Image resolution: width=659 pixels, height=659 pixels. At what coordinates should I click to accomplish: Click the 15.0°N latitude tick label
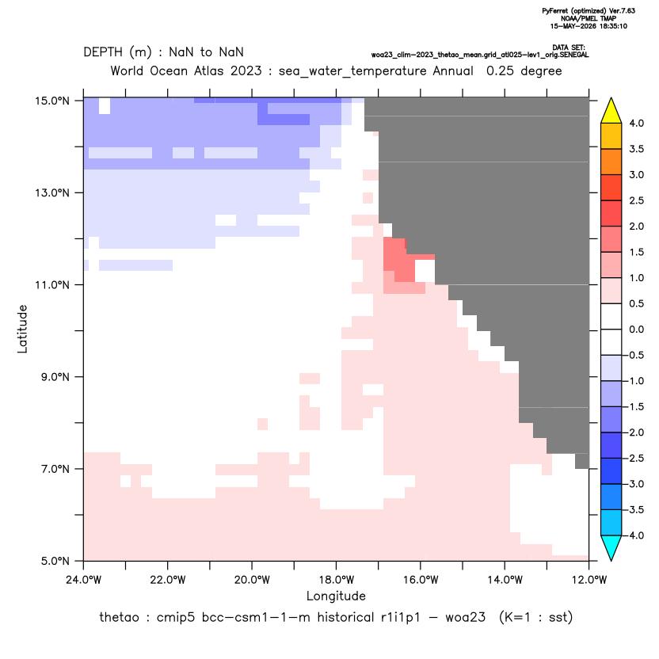click(x=52, y=101)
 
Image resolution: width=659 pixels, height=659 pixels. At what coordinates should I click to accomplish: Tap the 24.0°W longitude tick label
click(x=84, y=580)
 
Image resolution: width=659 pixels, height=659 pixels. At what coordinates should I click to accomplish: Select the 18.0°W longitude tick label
click(x=336, y=580)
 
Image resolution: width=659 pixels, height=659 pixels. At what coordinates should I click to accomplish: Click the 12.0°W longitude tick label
click(x=589, y=580)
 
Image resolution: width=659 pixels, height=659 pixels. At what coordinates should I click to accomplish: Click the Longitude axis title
click(x=336, y=596)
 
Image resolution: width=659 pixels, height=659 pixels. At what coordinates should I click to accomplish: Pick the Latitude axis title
click(x=22, y=329)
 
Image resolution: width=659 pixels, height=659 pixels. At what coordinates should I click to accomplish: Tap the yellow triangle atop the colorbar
click(x=611, y=111)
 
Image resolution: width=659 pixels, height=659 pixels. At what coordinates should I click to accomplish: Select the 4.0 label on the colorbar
click(x=637, y=123)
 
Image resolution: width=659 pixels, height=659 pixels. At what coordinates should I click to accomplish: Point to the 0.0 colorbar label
click(x=637, y=329)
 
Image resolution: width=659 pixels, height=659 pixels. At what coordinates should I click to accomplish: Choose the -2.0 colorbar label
click(x=634, y=432)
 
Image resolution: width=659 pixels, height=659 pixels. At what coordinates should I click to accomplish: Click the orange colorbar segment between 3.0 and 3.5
click(x=611, y=162)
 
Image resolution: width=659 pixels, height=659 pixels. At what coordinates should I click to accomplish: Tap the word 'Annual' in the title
click(x=453, y=70)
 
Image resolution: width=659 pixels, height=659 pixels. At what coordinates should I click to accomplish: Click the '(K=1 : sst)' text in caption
click(x=536, y=617)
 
